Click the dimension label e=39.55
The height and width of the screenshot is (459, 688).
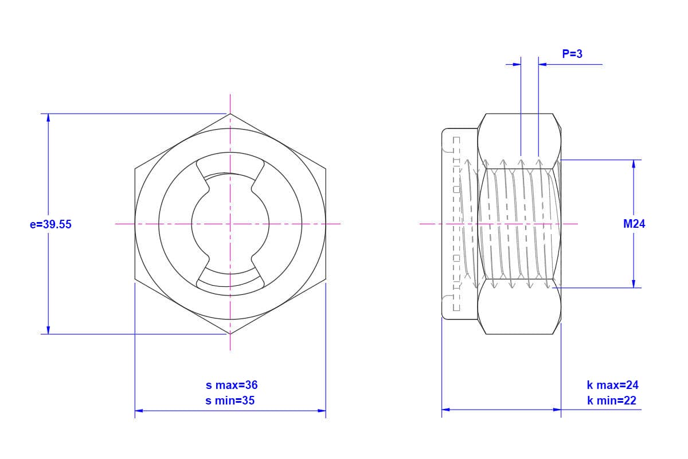pyautogui.click(x=50, y=224)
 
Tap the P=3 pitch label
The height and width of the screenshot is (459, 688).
pyautogui.click(x=572, y=54)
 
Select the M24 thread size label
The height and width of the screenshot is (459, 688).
pyautogui.click(x=634, y=224)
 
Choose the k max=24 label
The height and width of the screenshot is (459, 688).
pyautogui.click(x=612, y=385)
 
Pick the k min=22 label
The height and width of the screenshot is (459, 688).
pyautogui.click(x=611, y=400)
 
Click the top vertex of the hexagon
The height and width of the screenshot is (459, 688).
pyautogui.click(x=230, y=114)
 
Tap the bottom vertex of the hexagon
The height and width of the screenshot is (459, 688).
pyautogui.click(x=230, y=334)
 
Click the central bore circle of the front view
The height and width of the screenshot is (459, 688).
pyautogui.click(x=230, y=224)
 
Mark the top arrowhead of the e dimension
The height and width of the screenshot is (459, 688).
pyautogui.click(x=48, y=118)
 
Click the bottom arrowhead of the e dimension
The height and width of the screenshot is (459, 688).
pyautogui.click(x=48, y=330)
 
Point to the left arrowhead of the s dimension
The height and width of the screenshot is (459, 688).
pyautogui.click(x=139, y=410)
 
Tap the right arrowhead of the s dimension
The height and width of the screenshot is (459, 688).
pyautogui.click(x=322, y=410)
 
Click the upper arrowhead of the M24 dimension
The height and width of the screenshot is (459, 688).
pyautogui.click(x=634, y=164)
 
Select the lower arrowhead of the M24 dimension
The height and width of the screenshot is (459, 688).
pyautogui.click(x=634, y=283)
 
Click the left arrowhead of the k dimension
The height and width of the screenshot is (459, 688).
pyautogui.click(x=445, y=409)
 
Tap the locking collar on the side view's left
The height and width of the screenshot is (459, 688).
pyautogui.click(x=459, y=224)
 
